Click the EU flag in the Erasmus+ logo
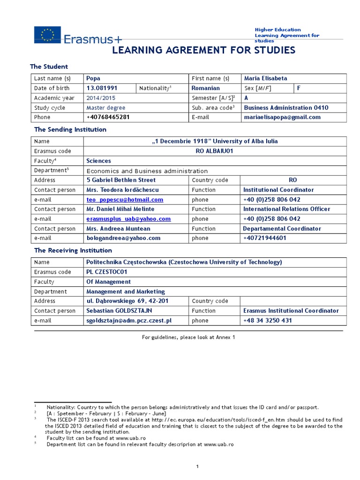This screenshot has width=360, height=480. (x=47, y=34)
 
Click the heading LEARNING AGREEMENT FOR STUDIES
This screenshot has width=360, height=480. (x=203, y=50)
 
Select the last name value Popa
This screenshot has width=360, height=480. (x=94, y=78)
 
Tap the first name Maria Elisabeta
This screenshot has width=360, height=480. (x=266, y=78)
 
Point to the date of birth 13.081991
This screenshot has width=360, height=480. (x=102, y=88)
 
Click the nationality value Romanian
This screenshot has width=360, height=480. (x=206, y=88)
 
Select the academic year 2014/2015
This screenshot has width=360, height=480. (x=101, y=98)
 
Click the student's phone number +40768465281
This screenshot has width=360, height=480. (x=108, y=117)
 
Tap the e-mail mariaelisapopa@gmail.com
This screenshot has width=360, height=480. (x=282, y=117)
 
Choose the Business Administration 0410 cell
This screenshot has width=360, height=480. (x=286, y=107)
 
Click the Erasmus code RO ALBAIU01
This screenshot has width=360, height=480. (x=214, y=151)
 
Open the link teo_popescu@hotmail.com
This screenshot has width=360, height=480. (x=125, y=200)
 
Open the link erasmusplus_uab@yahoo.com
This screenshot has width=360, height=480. (x=128, y=219)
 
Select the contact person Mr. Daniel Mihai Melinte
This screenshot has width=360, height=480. (x=120, y=209)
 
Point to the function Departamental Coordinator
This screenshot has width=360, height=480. (x=282, y=229)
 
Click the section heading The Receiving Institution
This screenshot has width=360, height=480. (x=73, y=250)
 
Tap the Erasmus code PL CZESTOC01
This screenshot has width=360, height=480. (x=107, y=272)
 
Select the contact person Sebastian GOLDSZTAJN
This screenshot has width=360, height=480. (x=119, y=311)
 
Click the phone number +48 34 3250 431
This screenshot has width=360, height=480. (x=268, y=321)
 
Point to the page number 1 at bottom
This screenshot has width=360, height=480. (x=198, y=466)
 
